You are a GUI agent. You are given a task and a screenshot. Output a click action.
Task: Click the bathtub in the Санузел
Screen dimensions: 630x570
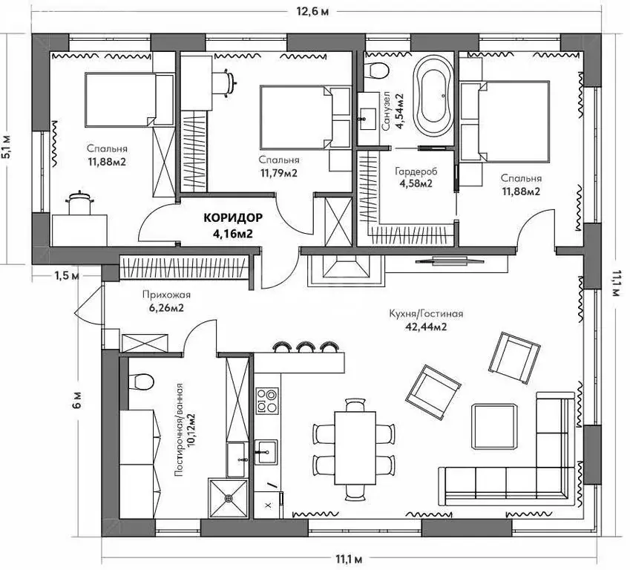tap(433, 96)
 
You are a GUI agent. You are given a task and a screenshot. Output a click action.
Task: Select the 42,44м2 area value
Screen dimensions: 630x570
tap(426, 327)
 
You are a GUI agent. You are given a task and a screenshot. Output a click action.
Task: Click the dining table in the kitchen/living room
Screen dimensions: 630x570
tap(355, 448)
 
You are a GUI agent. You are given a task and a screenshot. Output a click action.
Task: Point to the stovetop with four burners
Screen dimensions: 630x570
tap(267, 400)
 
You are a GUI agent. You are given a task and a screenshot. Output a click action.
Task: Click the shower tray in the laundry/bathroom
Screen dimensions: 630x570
tap(229, 498)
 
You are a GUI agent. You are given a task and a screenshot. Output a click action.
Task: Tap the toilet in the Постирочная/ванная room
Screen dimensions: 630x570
tap(141, 381)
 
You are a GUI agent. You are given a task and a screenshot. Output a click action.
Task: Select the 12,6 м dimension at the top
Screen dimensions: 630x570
tap(312, 11)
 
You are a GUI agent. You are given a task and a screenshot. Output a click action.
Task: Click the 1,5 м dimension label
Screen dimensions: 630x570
tap(67, 276)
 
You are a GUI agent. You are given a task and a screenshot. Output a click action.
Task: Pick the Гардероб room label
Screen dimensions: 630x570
tap(416, 171)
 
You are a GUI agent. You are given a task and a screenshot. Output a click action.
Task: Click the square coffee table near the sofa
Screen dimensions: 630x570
tap(494, 426)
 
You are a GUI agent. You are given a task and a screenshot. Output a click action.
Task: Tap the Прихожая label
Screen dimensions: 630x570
tap(166, 295)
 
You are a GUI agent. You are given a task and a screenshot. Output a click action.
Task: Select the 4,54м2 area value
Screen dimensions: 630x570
tap(399, 111)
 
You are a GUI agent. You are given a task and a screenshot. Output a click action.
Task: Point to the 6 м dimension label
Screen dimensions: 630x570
tap(78, 399)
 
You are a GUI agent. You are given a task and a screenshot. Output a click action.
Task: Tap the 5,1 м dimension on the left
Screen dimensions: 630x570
tap(7, 148)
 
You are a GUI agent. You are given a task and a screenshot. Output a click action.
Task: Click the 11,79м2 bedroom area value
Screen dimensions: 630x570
tap(279, 173)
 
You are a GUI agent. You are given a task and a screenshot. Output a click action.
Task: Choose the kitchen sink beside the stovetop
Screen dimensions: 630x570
tap(266, 451)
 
